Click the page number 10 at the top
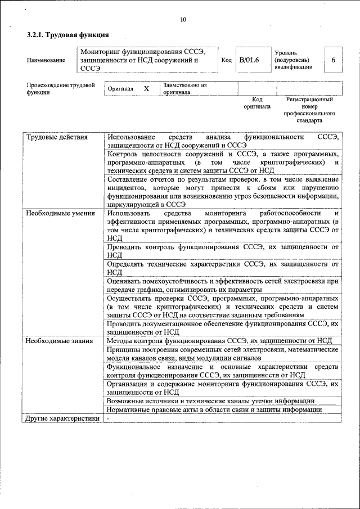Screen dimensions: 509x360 183,20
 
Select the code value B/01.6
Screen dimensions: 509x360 249,60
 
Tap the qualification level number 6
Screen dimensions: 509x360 334,60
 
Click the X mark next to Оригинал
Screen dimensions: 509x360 146,89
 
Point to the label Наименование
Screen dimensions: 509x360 46,60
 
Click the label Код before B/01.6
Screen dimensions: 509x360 227,60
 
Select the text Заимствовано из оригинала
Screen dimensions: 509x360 186,89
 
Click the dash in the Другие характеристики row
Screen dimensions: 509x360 107,418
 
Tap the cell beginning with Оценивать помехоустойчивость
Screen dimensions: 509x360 222,285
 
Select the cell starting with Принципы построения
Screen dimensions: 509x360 222,354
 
